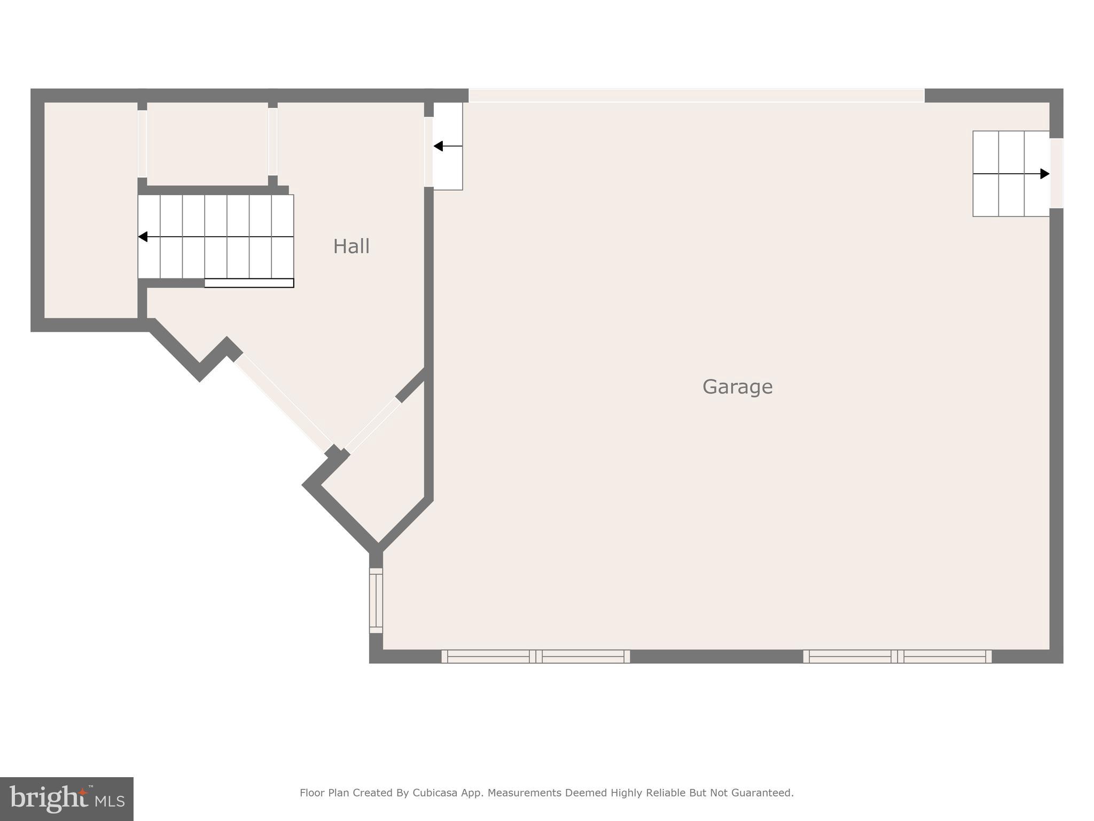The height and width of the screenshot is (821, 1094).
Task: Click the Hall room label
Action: [x=351, y=246]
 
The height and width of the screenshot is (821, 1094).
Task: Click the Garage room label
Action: [x=737, y=386]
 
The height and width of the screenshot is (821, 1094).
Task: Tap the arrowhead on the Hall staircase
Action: [x=143, y=236]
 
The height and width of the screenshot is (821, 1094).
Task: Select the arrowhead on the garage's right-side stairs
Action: [x=1044, y=174]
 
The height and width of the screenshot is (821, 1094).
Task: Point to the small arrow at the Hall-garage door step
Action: [x=439, y=146]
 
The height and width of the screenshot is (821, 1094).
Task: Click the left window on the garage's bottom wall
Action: [x=535, y=656]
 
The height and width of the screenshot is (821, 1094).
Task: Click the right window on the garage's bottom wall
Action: [x=897, y=656]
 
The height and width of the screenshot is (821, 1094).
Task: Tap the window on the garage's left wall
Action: [x=376, y=600]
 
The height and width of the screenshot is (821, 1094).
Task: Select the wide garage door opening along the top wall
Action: [x=696, y=96]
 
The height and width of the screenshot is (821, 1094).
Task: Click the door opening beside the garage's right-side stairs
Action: [x=1057, y=173]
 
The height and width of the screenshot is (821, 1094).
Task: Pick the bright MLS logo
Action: [x=67, y=799]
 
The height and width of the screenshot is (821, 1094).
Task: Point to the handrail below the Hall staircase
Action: [x=249, y=283]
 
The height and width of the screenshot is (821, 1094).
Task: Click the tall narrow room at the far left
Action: [x=90, y=210]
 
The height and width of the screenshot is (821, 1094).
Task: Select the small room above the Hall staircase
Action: [x=207, y=143]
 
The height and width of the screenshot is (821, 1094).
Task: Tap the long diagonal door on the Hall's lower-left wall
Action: [x=283, y=403]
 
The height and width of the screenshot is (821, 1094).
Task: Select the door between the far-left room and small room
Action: [x=142, y=143]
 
